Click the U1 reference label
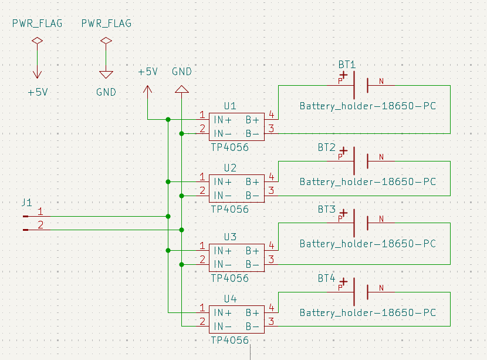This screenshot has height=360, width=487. (x=230, y=106)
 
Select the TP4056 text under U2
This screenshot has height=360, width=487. (x=229, y=209)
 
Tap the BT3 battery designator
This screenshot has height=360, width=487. (x=327, y=210)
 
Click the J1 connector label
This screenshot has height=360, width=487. (x=26, y=203)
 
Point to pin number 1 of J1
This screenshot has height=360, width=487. (x=40, y=211)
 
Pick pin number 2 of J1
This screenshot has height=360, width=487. (x=40, y=225)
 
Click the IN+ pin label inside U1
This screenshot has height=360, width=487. (x=222, y=119)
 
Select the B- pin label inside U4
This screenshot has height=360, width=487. (x=252, y=326)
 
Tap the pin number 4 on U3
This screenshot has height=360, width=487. (x=271, y=245)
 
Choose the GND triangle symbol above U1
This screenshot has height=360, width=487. (x=182, y=89)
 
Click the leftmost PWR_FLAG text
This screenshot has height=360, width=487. (x=37, y=23)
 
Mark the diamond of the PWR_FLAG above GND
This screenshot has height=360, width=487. (x=106, y=41)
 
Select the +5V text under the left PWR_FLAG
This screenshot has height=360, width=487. (x=38, y=92)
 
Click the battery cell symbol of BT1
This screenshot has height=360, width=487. (x=360, y=86)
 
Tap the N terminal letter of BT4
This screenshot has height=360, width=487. (x=381, y=288)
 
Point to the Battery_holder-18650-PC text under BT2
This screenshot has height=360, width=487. (x=368, y=182)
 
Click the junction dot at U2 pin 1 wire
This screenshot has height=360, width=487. (x=168, y=181)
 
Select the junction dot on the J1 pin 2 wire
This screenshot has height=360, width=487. (x=182, y=230)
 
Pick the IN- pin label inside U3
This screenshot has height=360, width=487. (x=222, y=264)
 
